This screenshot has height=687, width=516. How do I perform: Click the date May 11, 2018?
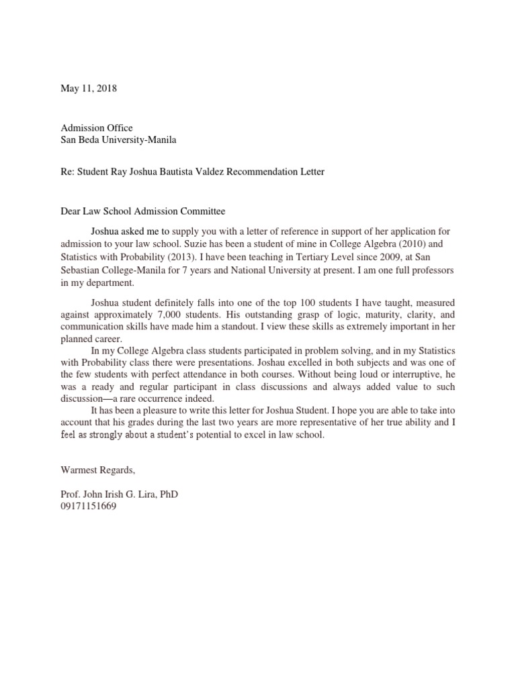(x=88, y=89)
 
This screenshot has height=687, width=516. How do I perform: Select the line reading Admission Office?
(x=97, y=127)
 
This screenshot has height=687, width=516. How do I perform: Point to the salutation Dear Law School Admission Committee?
(x=142, y=211)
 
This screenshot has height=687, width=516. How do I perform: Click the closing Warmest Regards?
(x=101, y=470)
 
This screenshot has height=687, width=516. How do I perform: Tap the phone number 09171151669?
(x=89, y=507)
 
